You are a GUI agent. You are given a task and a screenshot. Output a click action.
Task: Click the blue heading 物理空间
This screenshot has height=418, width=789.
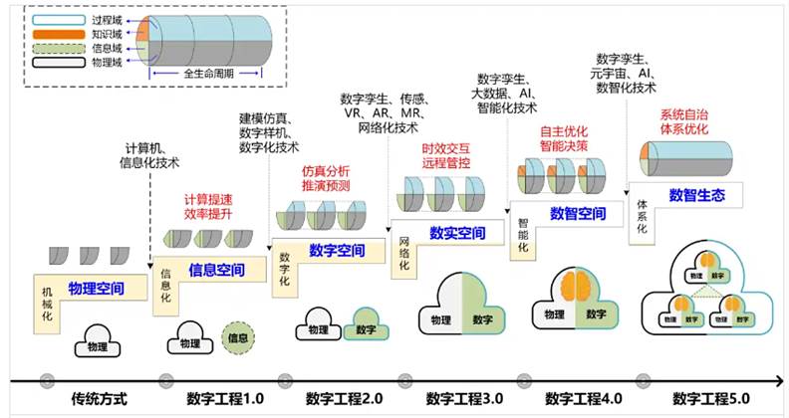pyautogui.click(x=97, y=289)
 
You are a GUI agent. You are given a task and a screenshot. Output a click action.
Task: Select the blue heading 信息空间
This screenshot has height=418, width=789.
pyautogui.click(x=218, y=269)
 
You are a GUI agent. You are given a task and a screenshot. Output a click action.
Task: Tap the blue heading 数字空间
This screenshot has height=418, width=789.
pyautogui.click(x=337, y=251)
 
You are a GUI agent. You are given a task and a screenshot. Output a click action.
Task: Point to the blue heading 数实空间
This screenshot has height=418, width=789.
pyautogui.click(x=457, y=234)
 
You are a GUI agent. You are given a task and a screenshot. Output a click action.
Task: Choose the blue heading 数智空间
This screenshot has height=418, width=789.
pyautogui.click(x=578, y=213)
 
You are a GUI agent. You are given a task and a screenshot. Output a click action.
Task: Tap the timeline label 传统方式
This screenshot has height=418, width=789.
pyautogui.click(x=100, y=399)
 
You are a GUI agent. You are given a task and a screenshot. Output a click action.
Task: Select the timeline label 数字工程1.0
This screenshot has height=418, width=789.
pyautogui.click(x=225, y=399)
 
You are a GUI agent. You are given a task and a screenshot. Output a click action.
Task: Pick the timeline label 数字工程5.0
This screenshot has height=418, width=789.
pyautogui.click(x=710, y=399)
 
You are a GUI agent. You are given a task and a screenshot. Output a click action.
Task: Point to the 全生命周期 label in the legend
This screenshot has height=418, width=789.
pyautogui.click(x=208, y=73)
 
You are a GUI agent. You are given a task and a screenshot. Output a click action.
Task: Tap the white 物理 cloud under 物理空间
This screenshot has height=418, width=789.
pyautogui.click(x=97, y=343)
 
